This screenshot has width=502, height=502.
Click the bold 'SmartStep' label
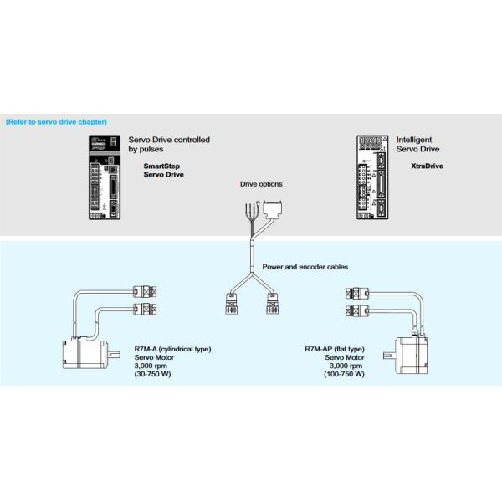point(161,166)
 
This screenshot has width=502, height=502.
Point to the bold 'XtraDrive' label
point(428,166)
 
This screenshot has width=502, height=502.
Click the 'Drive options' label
point(261,184)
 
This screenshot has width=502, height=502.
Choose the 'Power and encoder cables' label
point(305,267)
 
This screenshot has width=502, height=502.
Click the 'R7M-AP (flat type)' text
point(334,348)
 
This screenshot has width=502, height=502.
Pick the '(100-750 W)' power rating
point(343,374)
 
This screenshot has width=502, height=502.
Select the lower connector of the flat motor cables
point(356,311)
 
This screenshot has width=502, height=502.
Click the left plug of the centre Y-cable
point(231,303)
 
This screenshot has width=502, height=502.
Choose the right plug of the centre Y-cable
point(273,303)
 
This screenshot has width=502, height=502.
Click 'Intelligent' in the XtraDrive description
point(414,140)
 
